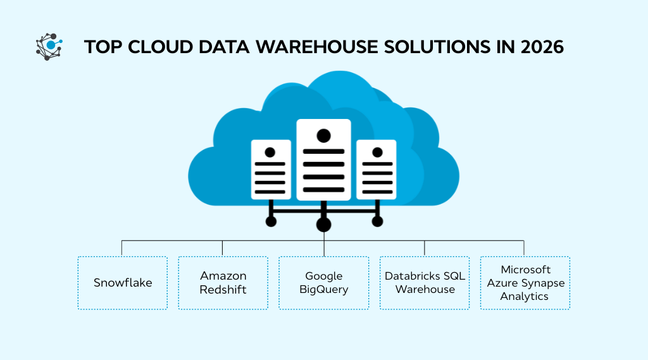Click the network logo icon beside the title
49,47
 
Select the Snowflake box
123,283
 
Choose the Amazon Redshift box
223,283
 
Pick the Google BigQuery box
323,283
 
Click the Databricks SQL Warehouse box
425,283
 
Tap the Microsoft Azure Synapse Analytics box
525,283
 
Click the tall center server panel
323,159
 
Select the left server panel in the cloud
270,170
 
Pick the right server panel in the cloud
377,170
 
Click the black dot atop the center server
323,135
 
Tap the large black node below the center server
323,224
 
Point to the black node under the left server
271,221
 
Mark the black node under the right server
377,221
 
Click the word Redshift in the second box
223,289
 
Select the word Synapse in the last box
545,283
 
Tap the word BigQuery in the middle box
323,289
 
